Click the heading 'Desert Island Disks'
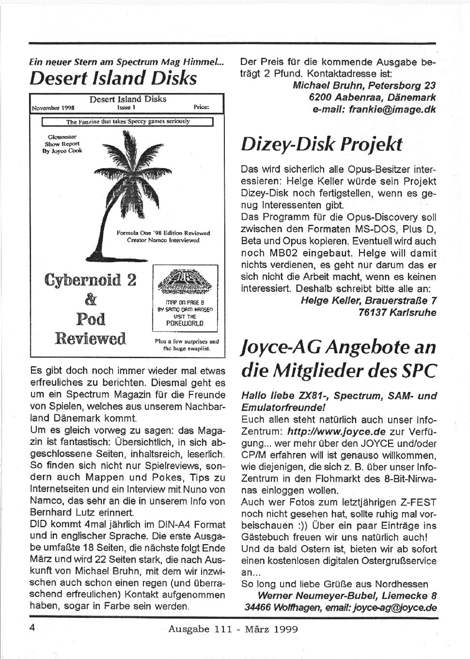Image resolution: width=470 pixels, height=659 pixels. pos(113,78)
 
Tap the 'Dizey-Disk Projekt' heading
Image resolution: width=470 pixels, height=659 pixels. pos(321,143)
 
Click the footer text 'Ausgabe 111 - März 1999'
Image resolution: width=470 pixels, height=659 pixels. pos(233,629)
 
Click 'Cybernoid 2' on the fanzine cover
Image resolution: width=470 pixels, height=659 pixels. pos(90,280)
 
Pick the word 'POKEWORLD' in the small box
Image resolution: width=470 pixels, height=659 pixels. pos(185,323)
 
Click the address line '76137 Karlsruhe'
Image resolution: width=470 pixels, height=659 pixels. pos(397,313)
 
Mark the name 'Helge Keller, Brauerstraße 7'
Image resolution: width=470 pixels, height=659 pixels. pos(368,300)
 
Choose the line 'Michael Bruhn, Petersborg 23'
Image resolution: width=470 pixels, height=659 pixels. pos(364,86)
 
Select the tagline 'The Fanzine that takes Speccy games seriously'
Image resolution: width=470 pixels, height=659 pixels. pos(128,122)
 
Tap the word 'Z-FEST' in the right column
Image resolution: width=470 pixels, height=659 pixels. pos(420,502)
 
